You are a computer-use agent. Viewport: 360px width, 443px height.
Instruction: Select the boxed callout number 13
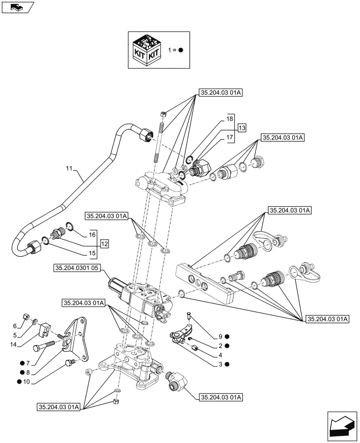[x=241, y=128]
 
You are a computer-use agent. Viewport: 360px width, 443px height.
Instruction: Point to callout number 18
[x=229, y=120]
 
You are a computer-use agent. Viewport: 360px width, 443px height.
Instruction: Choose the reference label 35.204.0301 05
[x=78, y=268]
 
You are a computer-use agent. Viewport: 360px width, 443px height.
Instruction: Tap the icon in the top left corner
[x=17, y=6]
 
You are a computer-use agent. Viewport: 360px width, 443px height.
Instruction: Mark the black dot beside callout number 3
[x=227, y=364]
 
